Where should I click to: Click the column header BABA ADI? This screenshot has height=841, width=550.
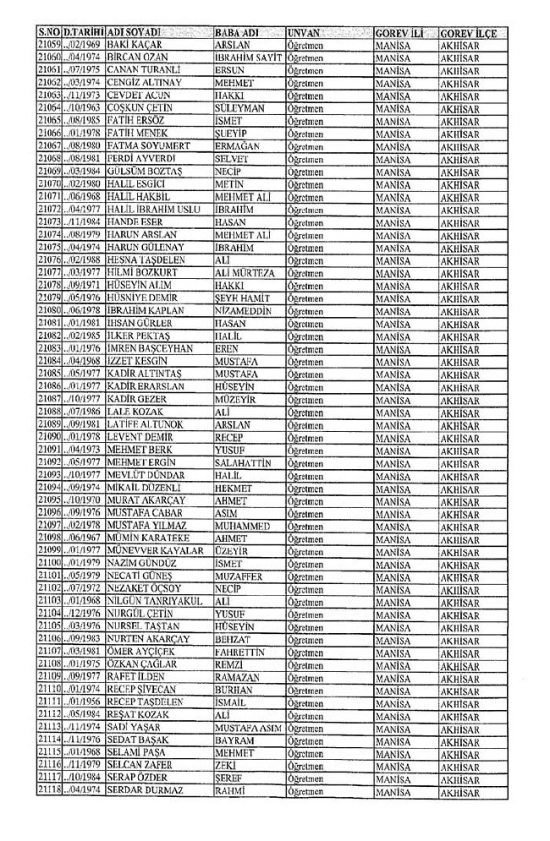coord(236,32)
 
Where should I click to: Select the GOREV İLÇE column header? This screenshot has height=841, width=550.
coord(468,32)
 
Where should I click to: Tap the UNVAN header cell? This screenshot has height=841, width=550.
coord(304,32)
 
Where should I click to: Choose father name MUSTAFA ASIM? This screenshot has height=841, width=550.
coord(249,726)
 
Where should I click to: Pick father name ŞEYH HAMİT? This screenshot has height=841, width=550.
coord(242,298)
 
